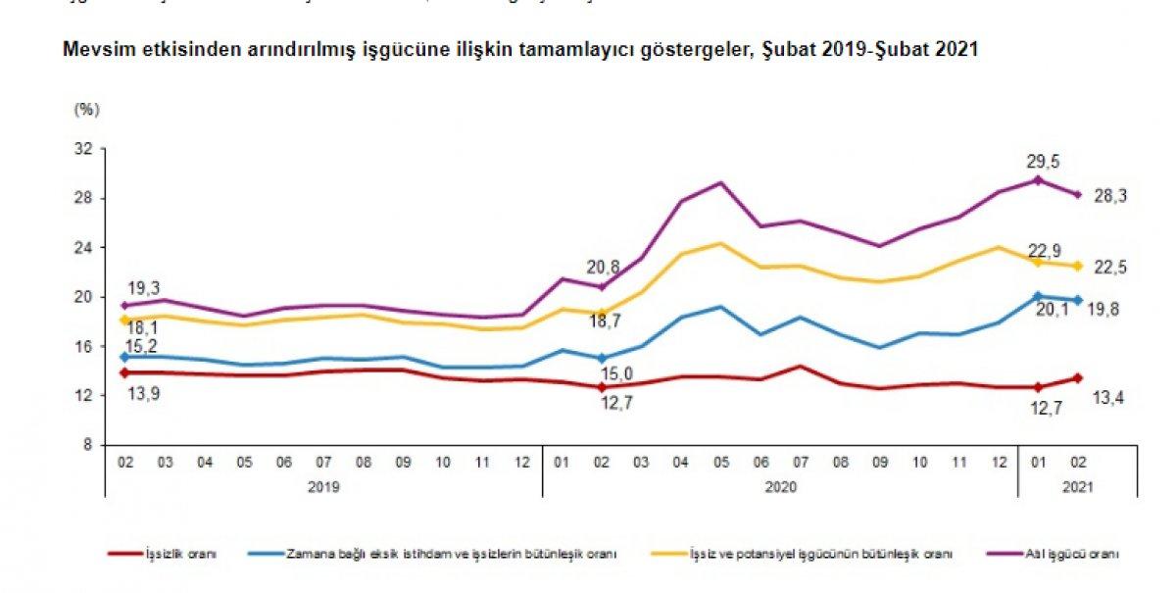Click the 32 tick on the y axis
(83, 149)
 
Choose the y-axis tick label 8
(87, 445)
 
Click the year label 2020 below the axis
(781, 485)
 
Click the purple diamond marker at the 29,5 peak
(1039, 180)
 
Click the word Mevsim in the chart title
(92, 49)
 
